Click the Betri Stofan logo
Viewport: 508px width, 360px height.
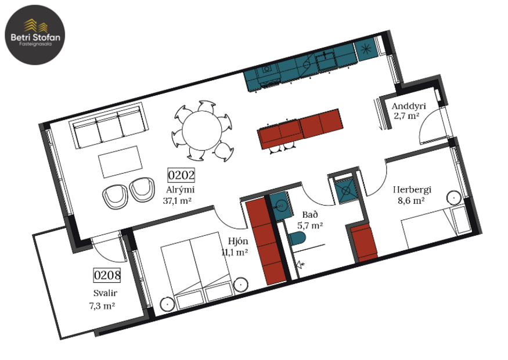pyautogui.click(x=35, y=34)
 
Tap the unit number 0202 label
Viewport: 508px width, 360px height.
pyautogui.click(x=181, y=175)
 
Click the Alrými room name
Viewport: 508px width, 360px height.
pyautogui.click(x=180, y=189)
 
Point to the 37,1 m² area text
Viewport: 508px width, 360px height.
pyautogui.click(x=178, y=201)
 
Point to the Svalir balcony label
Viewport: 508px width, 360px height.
pyautogui.click(x=105, y=293)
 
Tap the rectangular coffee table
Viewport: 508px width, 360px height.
pyautogui.click(x=120, y=161)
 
